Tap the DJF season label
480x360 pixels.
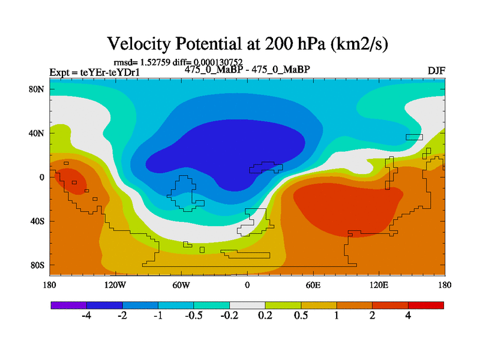pos(436,70)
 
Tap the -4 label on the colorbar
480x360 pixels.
pos(86,316)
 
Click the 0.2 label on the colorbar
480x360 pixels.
pos(265,316)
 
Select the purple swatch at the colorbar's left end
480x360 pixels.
pos(68,305)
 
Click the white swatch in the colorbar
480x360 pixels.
pos(247,305)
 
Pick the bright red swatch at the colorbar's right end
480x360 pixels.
pos(426,305)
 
